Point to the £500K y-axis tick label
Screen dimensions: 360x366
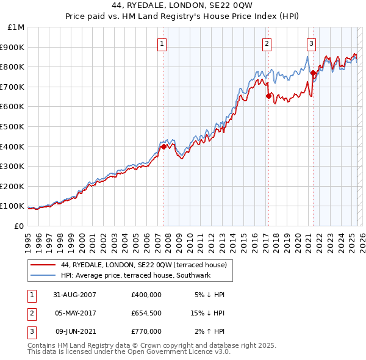click(13, 127)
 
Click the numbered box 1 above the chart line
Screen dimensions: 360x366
click(162, 43)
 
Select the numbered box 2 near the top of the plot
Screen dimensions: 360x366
click(267, 43)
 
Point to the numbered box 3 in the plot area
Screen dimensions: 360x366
click(311, 43)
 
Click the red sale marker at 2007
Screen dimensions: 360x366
click(163, 146)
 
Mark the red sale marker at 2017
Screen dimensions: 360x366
click(268, 96)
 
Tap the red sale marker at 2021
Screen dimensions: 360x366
click(313, 73)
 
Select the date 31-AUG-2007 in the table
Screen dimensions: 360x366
click(74, 295)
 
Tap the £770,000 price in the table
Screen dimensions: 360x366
click(146, 331)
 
